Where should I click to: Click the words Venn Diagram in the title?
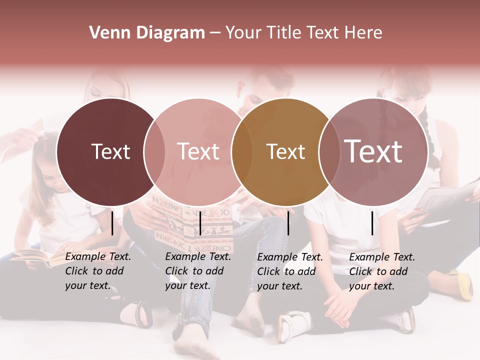pos(147,33)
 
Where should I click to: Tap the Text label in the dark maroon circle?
pos(110,151)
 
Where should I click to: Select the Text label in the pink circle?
pos(198,151)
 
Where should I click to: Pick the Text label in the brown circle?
pos(285,151)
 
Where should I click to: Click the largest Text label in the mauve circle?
pos(373,151)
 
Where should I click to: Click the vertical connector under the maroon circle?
pos(112,223)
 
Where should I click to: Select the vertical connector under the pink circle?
pos(200,223)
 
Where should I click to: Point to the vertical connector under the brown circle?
pos(288,223)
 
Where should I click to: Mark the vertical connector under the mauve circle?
pos(372,223)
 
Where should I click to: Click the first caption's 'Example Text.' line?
pos(98,256)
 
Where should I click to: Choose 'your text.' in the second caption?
pos(187,285)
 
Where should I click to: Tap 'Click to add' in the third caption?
pos(286,271)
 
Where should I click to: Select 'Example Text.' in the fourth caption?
pos(382,257)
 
